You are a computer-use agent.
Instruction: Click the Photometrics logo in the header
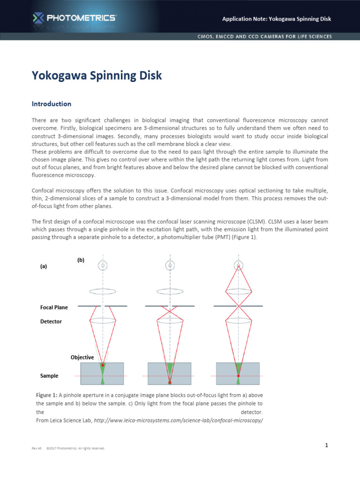[x=75, y=18]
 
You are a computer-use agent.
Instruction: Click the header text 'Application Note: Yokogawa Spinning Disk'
[x=277, y=19]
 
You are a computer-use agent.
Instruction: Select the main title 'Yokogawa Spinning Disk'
[x=97, y=75]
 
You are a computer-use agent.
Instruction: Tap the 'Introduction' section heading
[x=51, y=104]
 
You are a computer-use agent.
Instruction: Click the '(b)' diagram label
[x=81, y=260]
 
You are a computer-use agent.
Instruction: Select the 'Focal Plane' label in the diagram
[x=54, y=307]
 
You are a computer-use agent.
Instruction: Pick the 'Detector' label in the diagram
[x=51, y=322]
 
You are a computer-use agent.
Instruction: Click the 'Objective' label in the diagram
[x=82, y=357]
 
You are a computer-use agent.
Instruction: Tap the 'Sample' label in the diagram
[x=50, y=376]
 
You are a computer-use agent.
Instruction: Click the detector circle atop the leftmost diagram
[x=103, y=265]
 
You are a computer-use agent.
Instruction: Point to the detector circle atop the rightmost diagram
[x=239, y=265]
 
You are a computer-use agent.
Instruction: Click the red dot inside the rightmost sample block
[x=239, y=376]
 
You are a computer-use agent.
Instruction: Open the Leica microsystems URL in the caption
[x=178, y=420]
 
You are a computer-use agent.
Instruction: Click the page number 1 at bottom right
[x=326, y=446]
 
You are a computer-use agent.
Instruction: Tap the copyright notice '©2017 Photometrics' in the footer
[x=75, y=449]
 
